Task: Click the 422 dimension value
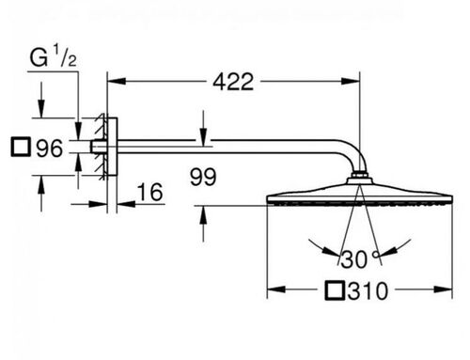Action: click(233, 82)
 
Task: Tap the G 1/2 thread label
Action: click(53, 56)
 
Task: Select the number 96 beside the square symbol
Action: click(50, 149)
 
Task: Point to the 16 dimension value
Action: click(150, 192)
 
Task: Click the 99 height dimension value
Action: click(203, 177)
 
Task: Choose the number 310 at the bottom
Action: click(368, 291)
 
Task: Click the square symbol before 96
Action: click(21, 147)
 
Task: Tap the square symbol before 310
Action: click(335, 290)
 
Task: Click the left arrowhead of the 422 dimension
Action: click(117, 81)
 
